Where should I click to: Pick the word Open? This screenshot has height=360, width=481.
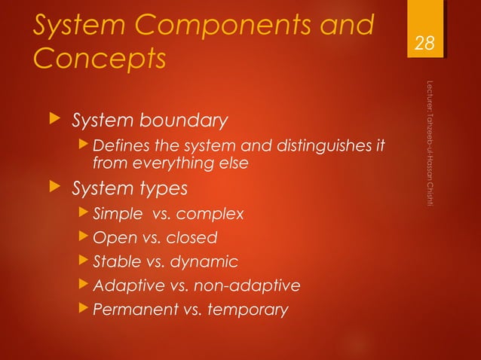110,238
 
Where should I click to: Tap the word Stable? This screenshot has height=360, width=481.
116,261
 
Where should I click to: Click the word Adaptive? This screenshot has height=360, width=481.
124,285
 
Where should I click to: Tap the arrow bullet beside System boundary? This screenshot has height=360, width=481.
51,121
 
